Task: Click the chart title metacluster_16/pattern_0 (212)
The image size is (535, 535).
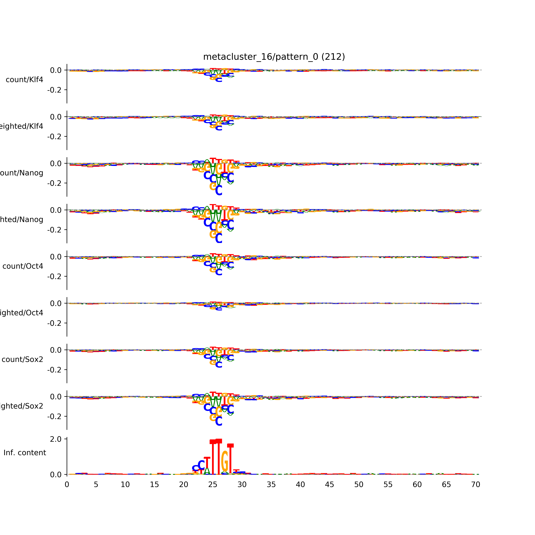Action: (274, 57)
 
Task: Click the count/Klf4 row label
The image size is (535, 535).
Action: (24, 80)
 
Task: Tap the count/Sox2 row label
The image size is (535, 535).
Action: (22, 359)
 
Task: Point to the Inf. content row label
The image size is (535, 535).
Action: (25, 453)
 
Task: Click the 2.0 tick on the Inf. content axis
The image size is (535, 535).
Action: (56, 439)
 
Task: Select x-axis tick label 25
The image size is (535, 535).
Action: (213, 485)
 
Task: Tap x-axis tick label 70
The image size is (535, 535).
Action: (475, 485)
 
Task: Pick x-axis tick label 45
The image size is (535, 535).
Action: (330, 485)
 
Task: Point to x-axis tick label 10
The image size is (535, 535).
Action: (125, 485)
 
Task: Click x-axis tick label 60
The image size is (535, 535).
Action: (417, 485)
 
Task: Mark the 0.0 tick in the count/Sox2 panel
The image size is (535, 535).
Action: (56, 350)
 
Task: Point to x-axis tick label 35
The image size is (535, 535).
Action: (271, 485)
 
